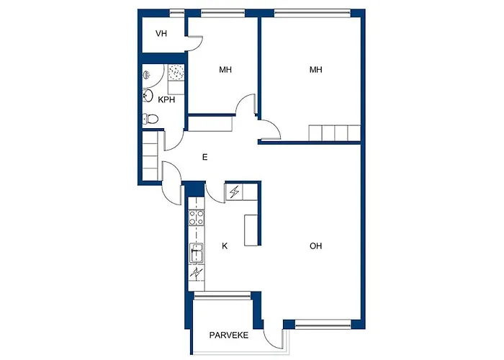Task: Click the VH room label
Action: click(161, 33)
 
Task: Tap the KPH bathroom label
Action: click(166, 100)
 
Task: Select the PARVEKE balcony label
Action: click(229, 336)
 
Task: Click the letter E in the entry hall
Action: click(204, 157)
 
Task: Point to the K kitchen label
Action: click(225, 246)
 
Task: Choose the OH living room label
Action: click(315, 246)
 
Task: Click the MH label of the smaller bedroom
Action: click(225, 70)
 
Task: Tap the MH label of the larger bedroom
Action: click(315, 70)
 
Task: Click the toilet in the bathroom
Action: click(150, 120)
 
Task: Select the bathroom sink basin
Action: click(148, 96)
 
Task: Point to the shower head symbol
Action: click(146, 75)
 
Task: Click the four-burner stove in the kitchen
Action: click(196, 217)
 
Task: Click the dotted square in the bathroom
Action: click(176, 72)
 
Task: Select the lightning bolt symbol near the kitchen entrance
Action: click(234, 192)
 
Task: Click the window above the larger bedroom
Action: click(312, 13)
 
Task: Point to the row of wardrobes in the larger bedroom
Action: click(335, 132)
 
